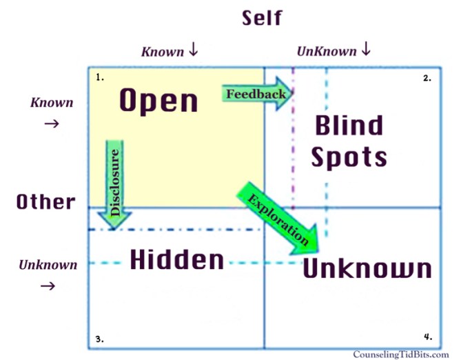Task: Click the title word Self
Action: tap(261, 18)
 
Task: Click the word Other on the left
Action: tap(46, 201)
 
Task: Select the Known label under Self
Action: tap(163, 52)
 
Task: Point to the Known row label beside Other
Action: tap(52, 103)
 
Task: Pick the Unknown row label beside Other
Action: tap(48, 265)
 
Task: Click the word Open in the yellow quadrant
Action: tap(159, 101)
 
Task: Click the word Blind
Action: tap(348, 126)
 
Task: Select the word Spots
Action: tap(349, 157)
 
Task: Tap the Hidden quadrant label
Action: tap(177, 260)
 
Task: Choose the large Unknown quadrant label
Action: tap(367, 269)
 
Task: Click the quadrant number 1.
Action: tap(100, 77)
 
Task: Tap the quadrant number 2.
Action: tap(427, 78)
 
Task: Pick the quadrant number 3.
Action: tap(100, 339)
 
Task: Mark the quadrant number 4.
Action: tap(427, 337)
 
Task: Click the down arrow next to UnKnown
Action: tap(365, 50)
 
